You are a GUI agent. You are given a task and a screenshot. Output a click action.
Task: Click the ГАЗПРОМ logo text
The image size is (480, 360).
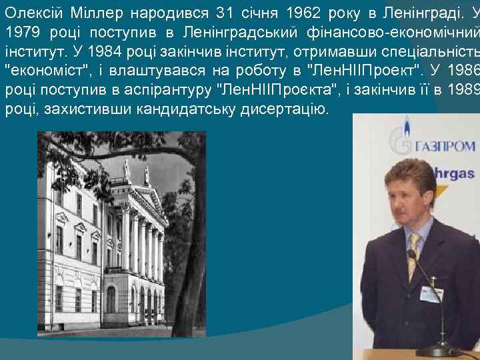pos(446,145)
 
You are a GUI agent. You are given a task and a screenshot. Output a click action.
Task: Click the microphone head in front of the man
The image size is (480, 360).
pos(412,254)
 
